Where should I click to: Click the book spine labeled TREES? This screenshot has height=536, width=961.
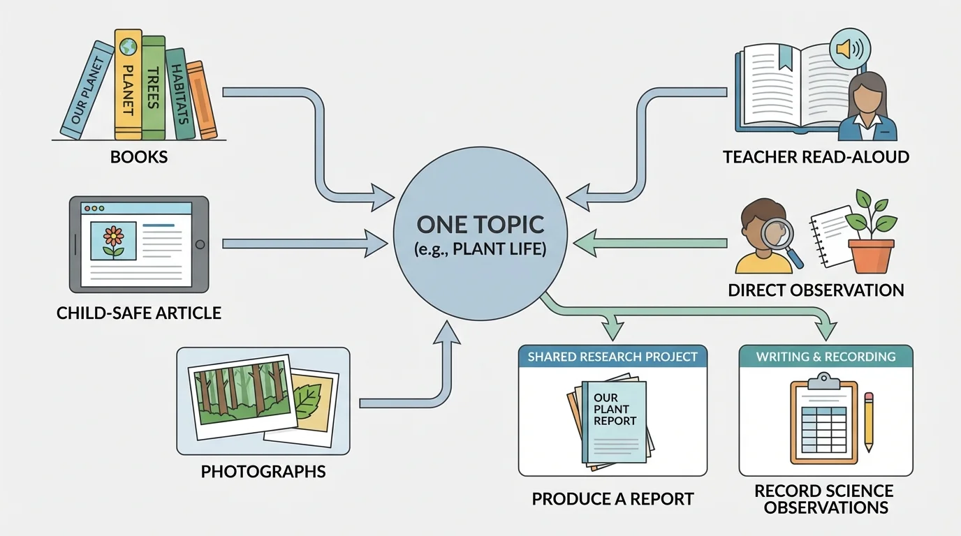pyautogui.click(x=152, y=87)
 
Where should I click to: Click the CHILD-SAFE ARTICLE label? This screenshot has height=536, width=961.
pyautogui.click(x=138, y=313)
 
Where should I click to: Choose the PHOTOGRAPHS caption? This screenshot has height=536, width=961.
pyautogui.click(x=263, y=472)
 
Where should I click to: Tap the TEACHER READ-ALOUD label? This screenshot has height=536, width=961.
pyautogui.click(x=816, y=157)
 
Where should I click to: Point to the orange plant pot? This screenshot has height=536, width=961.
pyautogui.click(x=871, y=255)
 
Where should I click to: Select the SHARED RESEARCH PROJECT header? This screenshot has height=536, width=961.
pyautogui.click(x=612, y=357)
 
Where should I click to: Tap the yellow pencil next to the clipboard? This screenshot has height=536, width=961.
pyautogui.click(x=869, y=422)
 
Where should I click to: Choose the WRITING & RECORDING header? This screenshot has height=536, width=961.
pyautogui.click(x=826, y=357)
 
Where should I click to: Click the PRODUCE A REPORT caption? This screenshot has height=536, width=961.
pyautogui.click(x=612, y=499)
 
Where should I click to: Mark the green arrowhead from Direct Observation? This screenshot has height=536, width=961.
pyautogui.click(x=582, y=243)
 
